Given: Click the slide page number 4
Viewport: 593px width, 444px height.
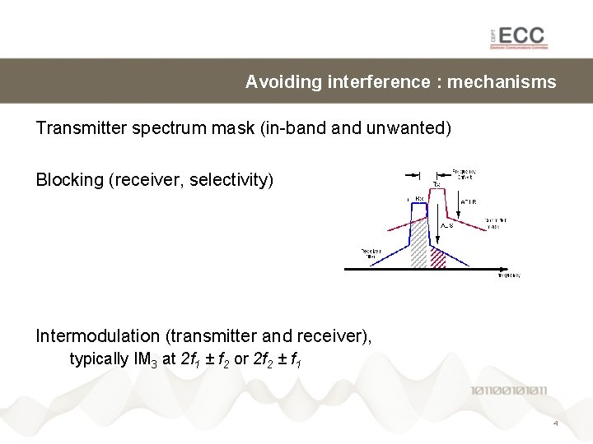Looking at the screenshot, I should tap(555, 423).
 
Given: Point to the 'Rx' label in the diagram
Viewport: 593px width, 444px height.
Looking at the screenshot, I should tap(418, 198).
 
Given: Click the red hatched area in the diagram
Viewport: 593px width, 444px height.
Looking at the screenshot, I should tap(438, 258).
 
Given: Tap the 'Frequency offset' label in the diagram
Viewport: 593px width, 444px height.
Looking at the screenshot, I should tap(465, 175).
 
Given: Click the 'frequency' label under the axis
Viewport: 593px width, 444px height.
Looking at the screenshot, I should tap(508, 276).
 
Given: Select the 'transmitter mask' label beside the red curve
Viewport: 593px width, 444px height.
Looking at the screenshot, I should tap(495, 223).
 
